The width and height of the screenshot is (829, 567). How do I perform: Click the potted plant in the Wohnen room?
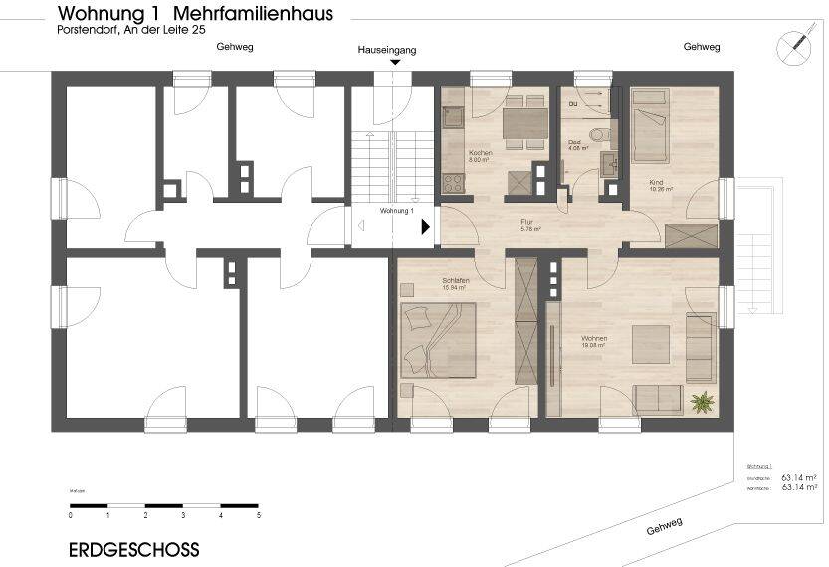click(704, 402)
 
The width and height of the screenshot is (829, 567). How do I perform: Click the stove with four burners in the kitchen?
click(453, 183)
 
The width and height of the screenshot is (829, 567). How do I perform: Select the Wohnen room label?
click(594, 341)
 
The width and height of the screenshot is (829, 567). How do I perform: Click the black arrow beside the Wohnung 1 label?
click(426, 226)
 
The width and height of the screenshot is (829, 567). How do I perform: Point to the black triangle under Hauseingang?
click(395, 63)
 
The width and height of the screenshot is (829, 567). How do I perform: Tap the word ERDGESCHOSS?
click(133, 549)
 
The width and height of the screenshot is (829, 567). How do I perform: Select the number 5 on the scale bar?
click(259, 516)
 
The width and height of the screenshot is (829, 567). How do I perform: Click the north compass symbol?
click(795, 46)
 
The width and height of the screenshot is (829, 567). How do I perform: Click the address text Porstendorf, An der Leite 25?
click(131, 31)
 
